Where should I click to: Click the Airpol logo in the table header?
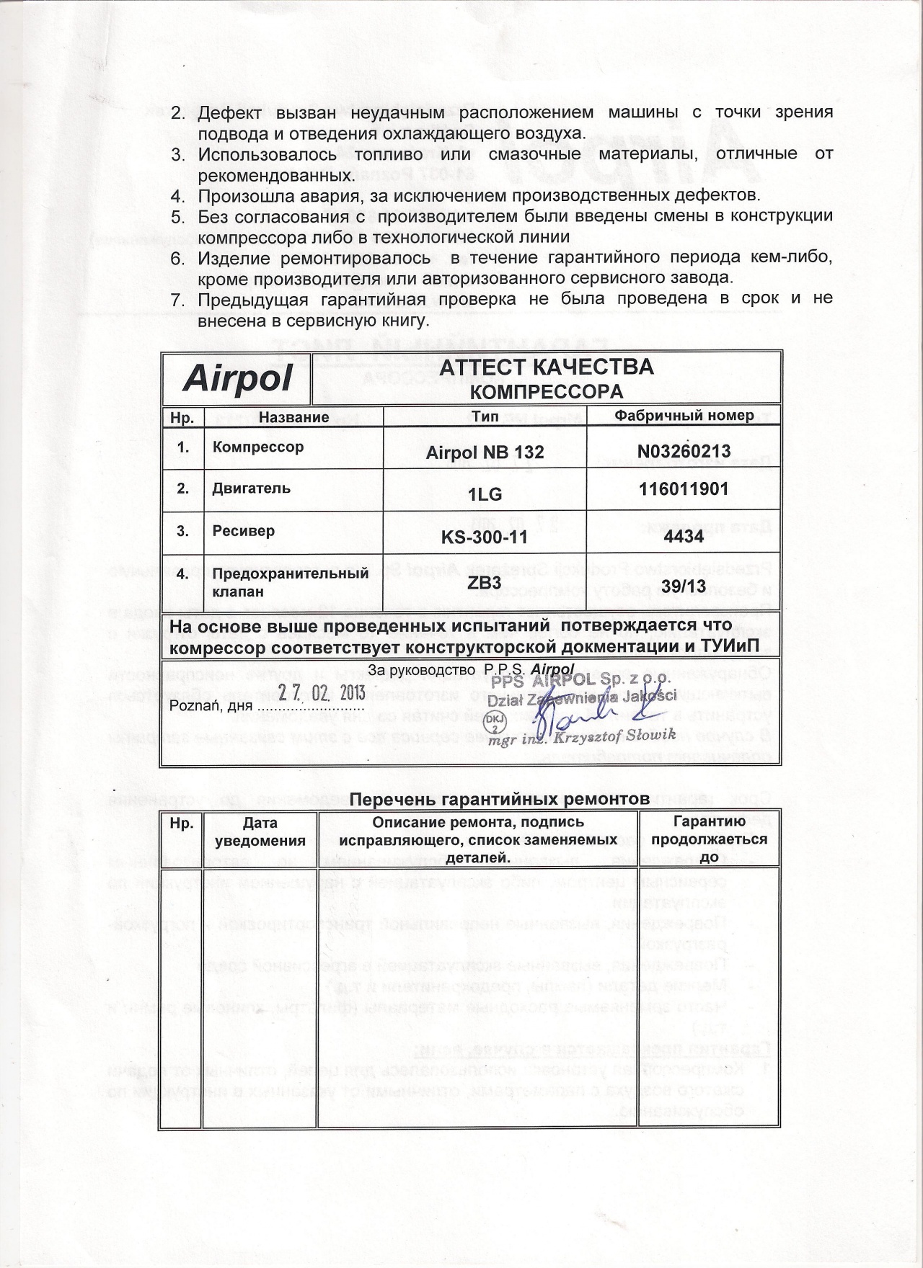[237, 379]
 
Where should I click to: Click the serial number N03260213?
[684, 451]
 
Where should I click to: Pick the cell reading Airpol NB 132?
[485, 452]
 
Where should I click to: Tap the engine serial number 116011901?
[684, 489]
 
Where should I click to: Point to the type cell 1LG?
[485, 494]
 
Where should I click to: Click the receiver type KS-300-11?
[485, 537]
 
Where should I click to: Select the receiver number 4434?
[684, 536]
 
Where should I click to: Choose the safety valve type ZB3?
[484, 582]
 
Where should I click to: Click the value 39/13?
[684, 586]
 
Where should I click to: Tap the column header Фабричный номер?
[684, 415]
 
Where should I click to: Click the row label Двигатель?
[252, 488]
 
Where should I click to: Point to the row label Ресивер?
[244, 531]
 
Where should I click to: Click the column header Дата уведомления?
[260, 831]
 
